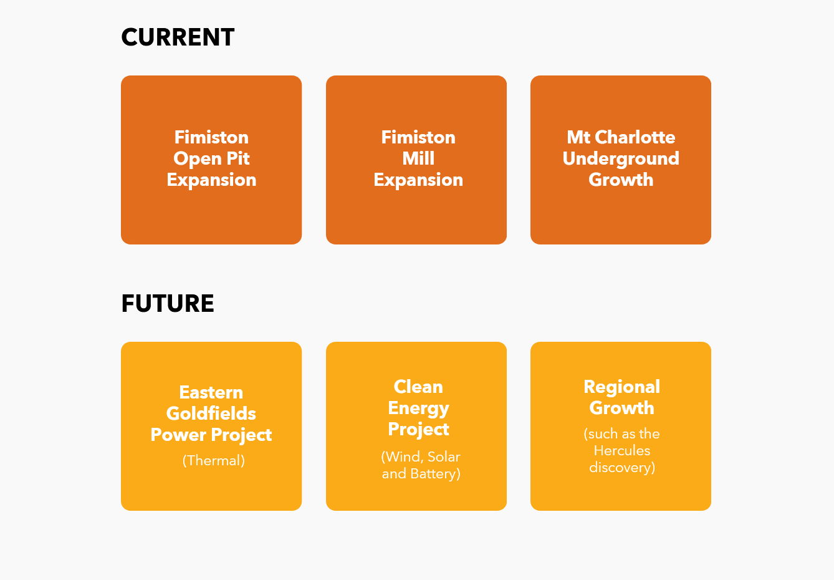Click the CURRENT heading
[x=178, y=37]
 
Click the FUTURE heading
[x=168, y=303]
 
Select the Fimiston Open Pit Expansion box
[x=211, y=160]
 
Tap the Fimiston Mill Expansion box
[x=416, y=160]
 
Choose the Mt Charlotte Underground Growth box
[x=621, y=160]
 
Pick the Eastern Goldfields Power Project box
[x=211, y=426]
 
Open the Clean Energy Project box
[x=416, y=426]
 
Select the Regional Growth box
[x=621, y=426]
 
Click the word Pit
[x=238, y=158]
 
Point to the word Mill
[x=418, y=158]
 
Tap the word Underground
[x=621, y=159]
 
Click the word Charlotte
[x=635, y=137]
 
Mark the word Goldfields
[x=211, y=413]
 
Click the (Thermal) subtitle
[x=214, y=460]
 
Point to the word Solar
[x=444, y=457]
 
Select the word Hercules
[x=622, y=451]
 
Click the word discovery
[x=622, y=468]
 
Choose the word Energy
[x=418, y=408]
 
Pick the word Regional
[x=622, y=387]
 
